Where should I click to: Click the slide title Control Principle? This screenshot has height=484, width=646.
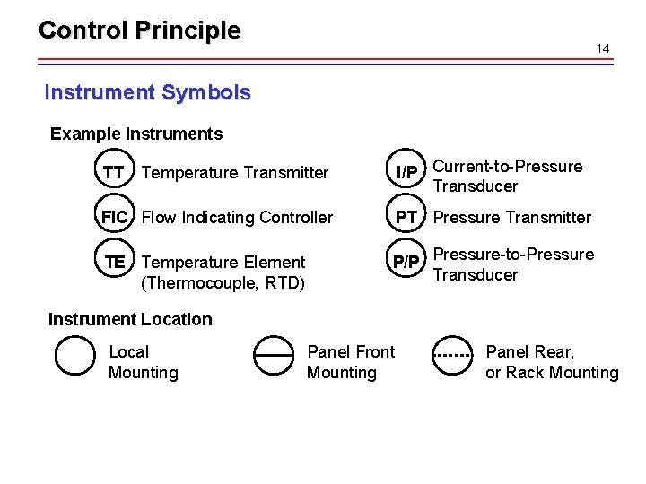139,30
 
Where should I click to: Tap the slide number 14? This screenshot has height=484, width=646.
603,48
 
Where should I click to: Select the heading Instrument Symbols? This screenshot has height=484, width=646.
147,92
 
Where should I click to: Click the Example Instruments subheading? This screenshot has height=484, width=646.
135,134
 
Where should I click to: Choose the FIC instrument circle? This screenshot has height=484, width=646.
114,218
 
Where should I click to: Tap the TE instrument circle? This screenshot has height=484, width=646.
114,263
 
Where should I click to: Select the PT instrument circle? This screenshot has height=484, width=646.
406,218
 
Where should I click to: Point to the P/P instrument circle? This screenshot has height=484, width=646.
406,263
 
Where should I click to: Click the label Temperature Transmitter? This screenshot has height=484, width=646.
235,173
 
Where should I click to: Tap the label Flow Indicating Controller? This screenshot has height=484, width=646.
237,218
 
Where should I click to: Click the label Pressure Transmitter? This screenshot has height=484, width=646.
511,218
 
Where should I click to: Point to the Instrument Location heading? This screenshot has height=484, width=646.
130,319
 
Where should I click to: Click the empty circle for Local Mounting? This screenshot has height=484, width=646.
74,356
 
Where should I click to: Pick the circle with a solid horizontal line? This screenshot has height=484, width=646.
273,356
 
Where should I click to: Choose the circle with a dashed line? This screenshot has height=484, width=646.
453,356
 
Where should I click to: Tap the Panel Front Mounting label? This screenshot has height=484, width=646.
350,362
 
